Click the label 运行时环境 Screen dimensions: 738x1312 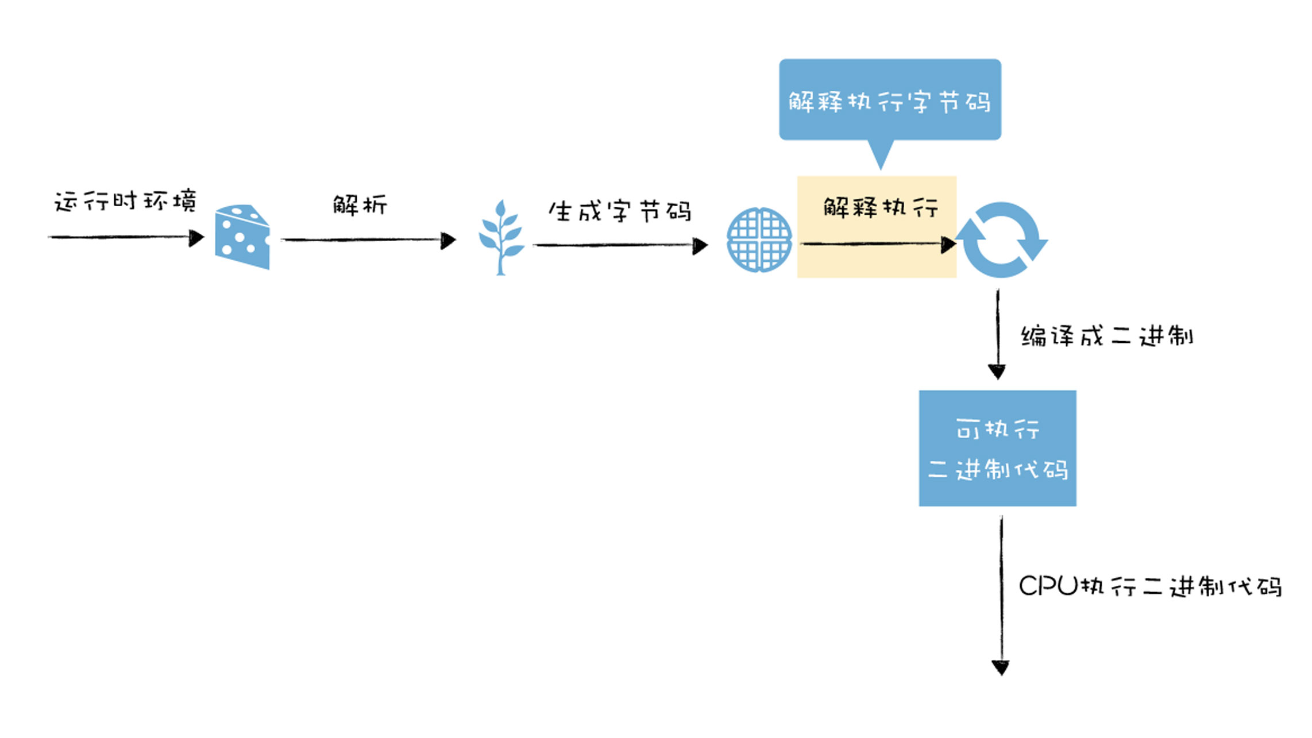point(125,202)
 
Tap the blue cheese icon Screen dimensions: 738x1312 point(242,237)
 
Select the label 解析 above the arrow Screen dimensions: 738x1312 point(360,205)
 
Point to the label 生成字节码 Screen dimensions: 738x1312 point(619,211)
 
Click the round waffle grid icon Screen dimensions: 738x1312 point(759,239)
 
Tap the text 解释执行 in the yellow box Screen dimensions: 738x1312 point(881,207)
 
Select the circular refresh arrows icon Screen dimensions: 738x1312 point(1002,240)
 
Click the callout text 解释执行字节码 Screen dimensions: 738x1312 point(889,102)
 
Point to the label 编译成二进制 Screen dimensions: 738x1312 point(1107,336)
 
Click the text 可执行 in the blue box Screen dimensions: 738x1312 point(998,429)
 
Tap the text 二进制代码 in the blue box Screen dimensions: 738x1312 point(998,470)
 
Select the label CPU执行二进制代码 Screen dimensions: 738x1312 point(1151,586)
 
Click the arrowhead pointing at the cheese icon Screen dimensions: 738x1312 point(196,238)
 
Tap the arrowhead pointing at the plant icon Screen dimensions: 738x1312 point(448,241)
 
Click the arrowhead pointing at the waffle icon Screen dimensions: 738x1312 point(700,246)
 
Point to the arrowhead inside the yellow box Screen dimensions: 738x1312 point(948,245)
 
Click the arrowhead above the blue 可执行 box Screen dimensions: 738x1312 point(997,372)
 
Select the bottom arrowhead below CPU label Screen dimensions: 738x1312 point(1001,667)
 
